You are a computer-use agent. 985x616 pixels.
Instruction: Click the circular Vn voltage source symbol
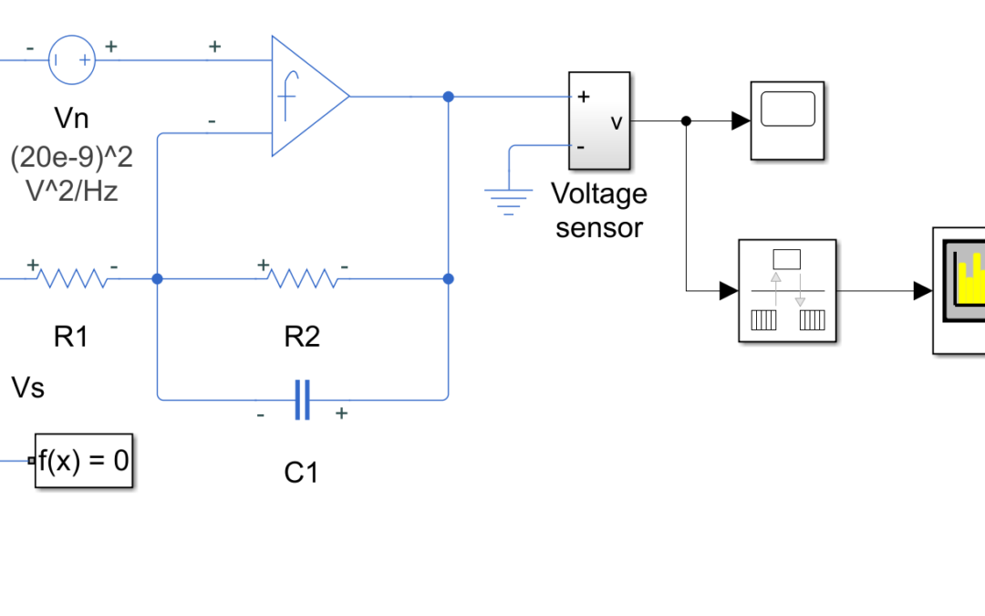click(72, 59)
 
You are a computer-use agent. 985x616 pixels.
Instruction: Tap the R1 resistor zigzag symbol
click(72, 277)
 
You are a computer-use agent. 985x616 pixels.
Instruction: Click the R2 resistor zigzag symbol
click(303, 277)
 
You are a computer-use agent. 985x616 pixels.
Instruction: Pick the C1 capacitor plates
click(302, 400)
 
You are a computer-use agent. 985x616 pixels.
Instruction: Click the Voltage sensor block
click(599, 120)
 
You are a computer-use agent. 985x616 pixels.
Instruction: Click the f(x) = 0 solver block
click(84, 461)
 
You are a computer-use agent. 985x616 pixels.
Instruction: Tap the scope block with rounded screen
click(787, 120)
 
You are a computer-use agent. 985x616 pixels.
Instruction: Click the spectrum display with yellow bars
click(959, 290)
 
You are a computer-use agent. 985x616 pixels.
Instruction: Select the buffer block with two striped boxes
click(787, 290)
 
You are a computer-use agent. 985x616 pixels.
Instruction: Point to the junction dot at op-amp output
click(448, 97)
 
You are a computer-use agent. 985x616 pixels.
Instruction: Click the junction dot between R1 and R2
click(157, 278)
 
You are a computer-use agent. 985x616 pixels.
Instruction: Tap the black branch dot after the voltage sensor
click(686, 120)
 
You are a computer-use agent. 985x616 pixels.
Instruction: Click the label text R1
click(71, 336)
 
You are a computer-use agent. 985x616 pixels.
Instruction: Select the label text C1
click(302, 473)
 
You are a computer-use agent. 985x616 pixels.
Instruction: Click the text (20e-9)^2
click(72, 157)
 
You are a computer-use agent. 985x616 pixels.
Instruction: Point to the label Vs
click(28, 388)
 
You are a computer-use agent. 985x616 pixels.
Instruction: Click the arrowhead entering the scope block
click(741, 120)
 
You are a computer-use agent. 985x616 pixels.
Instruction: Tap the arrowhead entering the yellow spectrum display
click(923, 290)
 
